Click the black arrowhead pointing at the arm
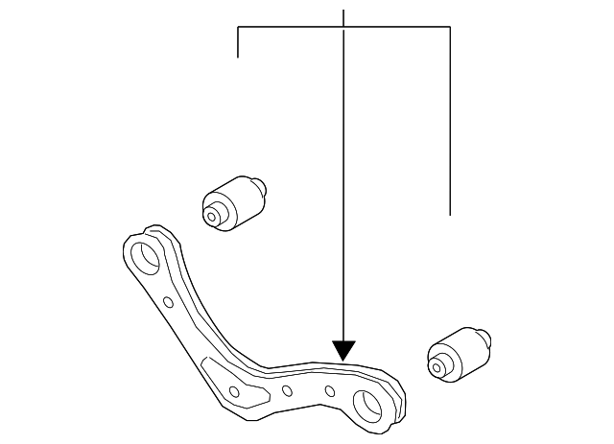[343, 350]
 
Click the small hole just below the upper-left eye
[168, 303]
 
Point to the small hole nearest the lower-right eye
[329, 390]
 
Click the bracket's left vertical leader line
[238, 43]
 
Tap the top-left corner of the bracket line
[238, 28]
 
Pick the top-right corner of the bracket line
[450, 28]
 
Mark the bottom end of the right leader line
[450, 213]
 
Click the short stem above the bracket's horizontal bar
[343, 17]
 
